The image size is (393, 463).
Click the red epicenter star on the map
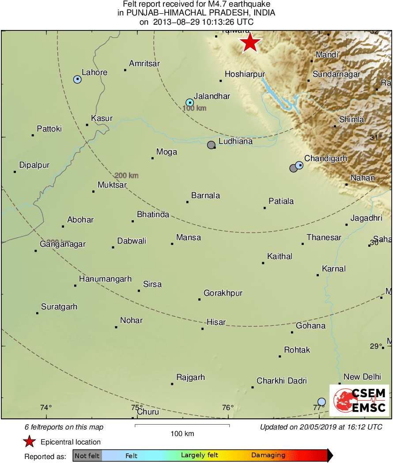250,43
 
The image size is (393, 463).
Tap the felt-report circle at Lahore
77,79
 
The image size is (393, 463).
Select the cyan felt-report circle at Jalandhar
189,103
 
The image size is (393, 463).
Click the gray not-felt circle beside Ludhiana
211,145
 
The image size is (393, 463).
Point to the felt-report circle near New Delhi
321,402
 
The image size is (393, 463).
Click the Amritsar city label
144,64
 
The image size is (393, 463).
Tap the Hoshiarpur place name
245,75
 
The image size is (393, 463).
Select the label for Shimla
351,120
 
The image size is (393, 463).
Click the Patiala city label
281,201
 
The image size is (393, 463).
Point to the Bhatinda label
153,215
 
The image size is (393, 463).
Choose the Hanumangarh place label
105,279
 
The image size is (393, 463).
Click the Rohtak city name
297,350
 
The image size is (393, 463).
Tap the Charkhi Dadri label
282,381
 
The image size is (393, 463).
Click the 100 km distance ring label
194,108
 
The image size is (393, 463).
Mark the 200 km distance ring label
126,176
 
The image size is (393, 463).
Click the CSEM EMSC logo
359,400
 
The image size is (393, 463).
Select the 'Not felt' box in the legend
87,455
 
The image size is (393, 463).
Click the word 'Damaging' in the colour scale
268,455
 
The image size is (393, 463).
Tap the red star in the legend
30,441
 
